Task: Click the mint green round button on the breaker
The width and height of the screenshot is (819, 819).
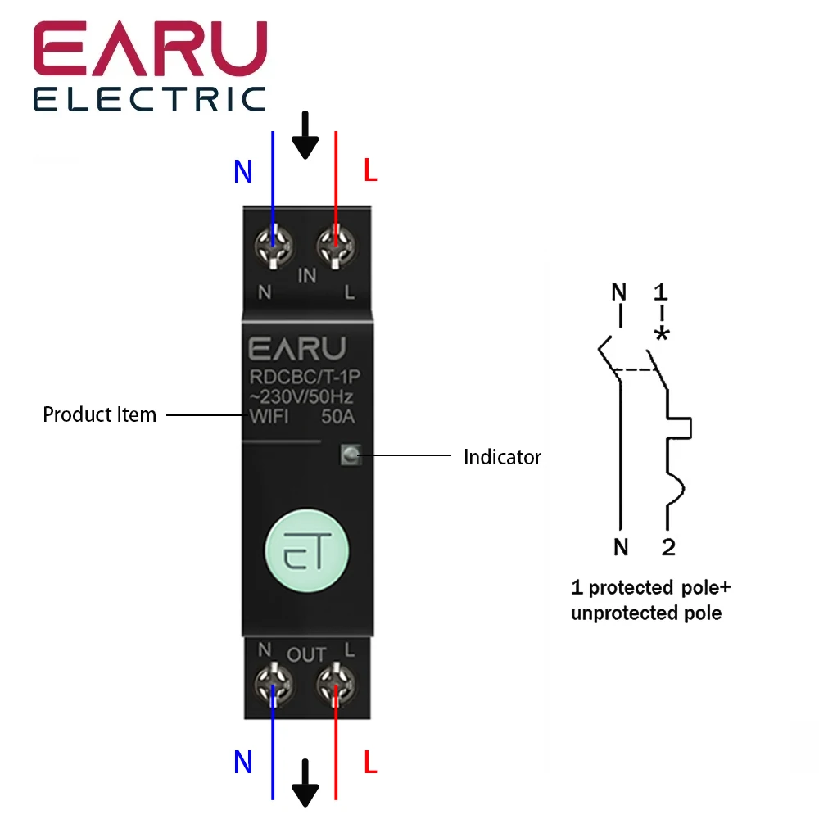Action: click(306, 549)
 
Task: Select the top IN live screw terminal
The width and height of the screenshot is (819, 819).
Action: click(336, 243)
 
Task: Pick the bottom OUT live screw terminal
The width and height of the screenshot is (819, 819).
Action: click(336, 681)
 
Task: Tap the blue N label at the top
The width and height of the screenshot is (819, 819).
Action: click(243, 172)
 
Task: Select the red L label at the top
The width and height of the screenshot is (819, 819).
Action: click(370, 172)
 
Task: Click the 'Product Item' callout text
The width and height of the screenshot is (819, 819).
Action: click(99, 414)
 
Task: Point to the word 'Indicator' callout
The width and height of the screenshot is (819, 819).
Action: click(502, 457)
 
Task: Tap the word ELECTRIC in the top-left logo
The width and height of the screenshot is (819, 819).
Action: click(150, 100)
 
